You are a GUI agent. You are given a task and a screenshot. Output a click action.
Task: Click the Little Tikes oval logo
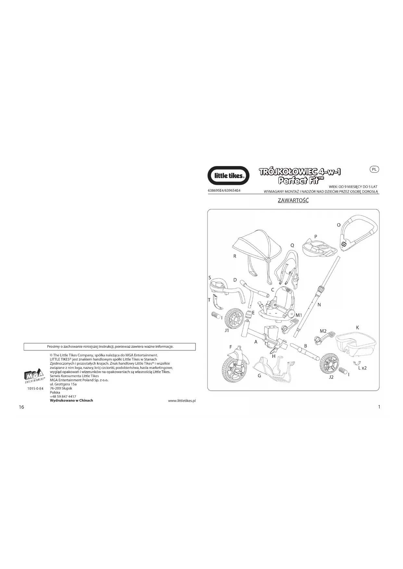pos(228,176)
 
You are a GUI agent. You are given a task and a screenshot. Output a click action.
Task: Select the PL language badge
pos(374,169)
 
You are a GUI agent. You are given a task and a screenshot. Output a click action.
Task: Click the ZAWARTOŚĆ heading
pos(293,200)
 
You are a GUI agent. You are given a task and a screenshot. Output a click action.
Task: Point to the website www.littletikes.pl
pos(182,401)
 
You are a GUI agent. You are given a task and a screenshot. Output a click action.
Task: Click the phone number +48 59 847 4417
pos(63,396)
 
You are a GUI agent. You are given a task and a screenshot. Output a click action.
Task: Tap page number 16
pos(21,407)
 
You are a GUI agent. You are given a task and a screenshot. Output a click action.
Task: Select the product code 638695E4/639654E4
pos(224,190)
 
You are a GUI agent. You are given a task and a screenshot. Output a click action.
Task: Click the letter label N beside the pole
pos(319,305)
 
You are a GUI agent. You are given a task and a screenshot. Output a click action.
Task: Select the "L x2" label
pos(362,368)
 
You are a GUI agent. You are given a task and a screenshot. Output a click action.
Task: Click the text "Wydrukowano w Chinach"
pos(71,400)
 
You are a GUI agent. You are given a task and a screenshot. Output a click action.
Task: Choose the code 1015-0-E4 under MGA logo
pos(35,388)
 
